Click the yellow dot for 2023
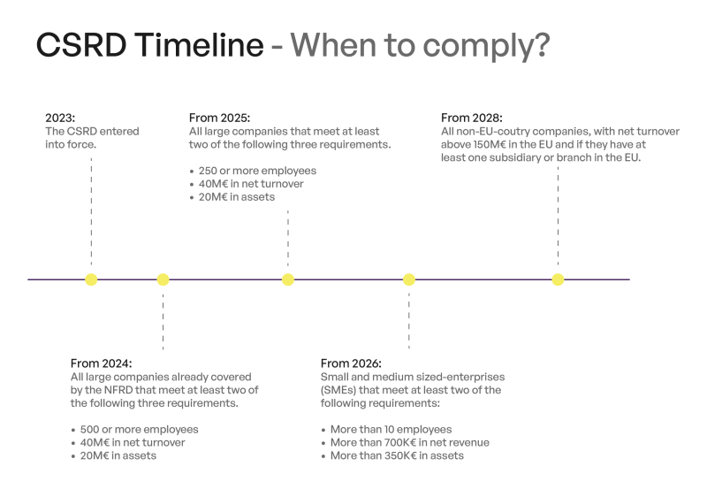pos(91,279)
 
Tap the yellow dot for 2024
pos(163,279)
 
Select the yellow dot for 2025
pos(288,279)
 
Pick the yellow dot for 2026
pos(409,279)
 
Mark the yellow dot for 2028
pos(558,279)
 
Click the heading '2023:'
pos(61,118)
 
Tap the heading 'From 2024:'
pos(101,363)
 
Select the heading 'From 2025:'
pos(219,118)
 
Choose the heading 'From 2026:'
pos(351,363)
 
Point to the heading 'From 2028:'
pos(471,118)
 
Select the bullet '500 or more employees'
pos(139,430)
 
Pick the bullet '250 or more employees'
pos(258,171)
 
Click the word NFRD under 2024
pos(123,390)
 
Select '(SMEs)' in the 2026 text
pos(339,390)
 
